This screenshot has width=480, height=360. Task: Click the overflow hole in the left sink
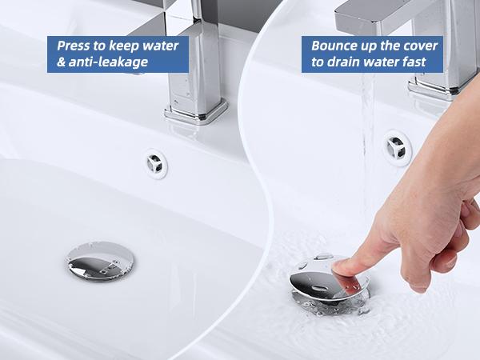pyautogui.click(x=156, y=162)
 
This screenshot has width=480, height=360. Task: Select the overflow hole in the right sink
pyautogui.click(x=394, y=145)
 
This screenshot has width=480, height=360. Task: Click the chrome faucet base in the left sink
pyautogui.click(x=196, y=110)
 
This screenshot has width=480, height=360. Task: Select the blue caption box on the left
pyautogui.click(x=118, y=53)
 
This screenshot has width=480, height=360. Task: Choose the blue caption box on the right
pyautogui.click(x=371, y=53)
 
